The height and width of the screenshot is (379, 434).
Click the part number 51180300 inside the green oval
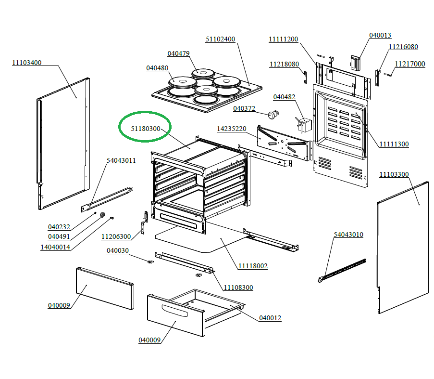click(145, 129)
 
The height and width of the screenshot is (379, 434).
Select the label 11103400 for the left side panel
click(27, 63)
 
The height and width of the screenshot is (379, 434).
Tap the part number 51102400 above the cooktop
click(221, 39)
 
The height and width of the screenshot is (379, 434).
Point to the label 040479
click(178, 53)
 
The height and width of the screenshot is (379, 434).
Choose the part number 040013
click(380, 35)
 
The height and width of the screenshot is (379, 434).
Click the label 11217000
click(410, 64)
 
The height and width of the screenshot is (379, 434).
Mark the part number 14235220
click(232, 129)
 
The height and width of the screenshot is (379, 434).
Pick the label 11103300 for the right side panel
click(394, 174)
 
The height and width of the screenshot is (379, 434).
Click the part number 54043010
click(348, 235)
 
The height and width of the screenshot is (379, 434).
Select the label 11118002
click(253, 266)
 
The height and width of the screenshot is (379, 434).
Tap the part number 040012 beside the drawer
click(270, 318)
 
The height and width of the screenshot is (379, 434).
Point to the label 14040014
click(55, 247)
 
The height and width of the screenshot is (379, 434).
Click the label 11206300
click(116, 236)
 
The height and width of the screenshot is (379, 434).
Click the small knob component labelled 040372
click(274, 115)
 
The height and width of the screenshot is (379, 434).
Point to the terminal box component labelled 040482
click(303, 124)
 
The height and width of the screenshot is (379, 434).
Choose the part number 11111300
click(394, 144)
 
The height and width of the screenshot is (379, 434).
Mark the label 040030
click(118, 250)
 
